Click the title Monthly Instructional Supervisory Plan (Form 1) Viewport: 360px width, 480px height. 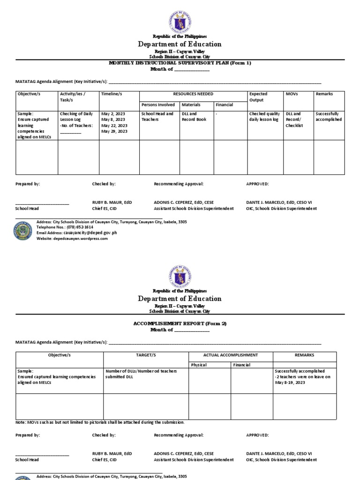[180, 63]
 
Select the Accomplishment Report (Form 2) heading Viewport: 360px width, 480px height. [180, 323]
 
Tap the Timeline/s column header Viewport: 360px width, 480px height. [112, 94]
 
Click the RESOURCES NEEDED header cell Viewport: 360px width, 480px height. [193, 94]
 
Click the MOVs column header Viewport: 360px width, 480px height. [292, 94]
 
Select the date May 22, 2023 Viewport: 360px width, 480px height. [114, 126]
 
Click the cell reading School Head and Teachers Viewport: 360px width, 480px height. [157, 117]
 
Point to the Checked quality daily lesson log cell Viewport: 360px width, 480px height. [265, 117]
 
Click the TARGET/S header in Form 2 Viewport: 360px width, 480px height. [146, 355]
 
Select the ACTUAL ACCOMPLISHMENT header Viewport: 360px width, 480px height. [231, 355]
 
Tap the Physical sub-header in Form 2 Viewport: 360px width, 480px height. [199, 365]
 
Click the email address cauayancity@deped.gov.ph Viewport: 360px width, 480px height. [83, 232]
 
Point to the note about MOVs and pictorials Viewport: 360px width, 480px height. [100, 422]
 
